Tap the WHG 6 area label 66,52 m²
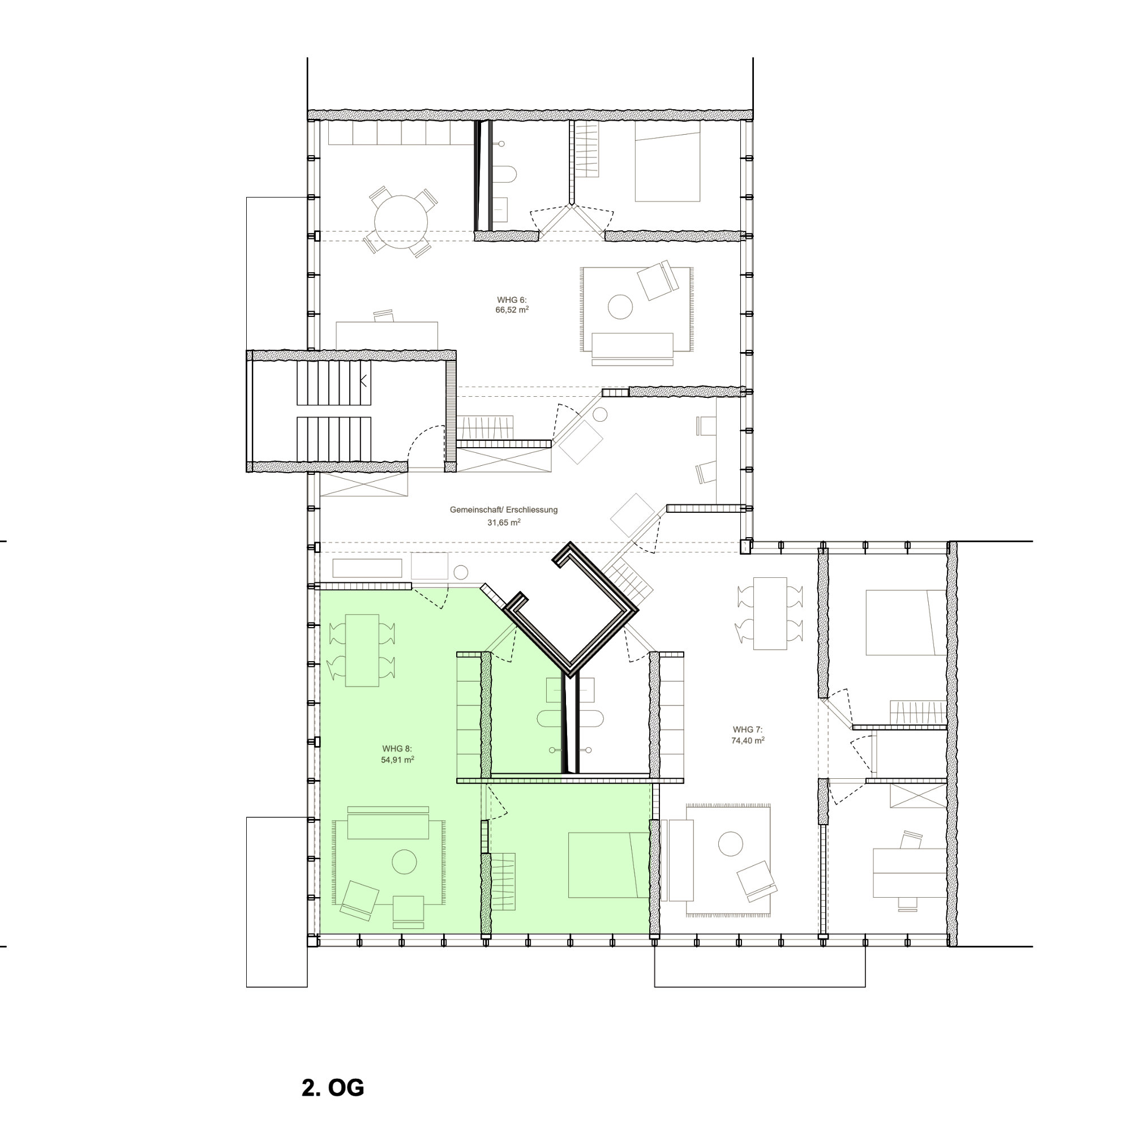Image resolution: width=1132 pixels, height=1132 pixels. tap(512, 310)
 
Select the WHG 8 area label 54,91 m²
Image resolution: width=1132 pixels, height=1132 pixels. tap(397, 760)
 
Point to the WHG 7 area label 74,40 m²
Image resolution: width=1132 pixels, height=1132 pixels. tap(748, 740)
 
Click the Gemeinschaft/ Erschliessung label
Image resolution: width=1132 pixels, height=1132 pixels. tap(504, 510)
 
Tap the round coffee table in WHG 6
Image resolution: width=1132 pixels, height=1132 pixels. tap(620, 306)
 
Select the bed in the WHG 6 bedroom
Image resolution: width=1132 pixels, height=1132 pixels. tap(667, 162)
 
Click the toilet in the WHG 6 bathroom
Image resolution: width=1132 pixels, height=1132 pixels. tap(504, 174)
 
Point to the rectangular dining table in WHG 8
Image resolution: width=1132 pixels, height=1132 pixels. tap(362, 650)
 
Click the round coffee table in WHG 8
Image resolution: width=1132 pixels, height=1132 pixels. tap(404, 862)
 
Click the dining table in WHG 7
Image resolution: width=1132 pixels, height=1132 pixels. tap(770, 614)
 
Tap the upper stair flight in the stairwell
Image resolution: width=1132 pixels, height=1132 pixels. tap(334, 383)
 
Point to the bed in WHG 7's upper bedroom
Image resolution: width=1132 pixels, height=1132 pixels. tap(906, 622)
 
